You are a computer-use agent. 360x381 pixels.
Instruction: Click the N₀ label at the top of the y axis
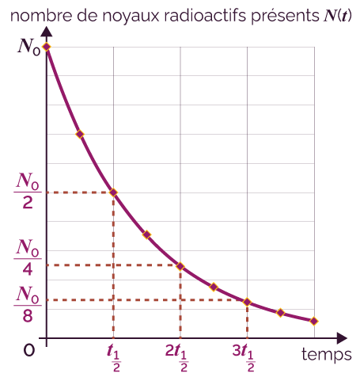coord(29,47)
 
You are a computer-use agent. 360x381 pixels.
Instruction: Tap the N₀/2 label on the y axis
coord(28,191)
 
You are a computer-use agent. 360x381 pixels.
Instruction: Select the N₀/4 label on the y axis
coord(28,257)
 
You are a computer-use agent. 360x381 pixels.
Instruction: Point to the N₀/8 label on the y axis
coord(28,304)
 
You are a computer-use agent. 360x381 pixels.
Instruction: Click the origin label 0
coord(29,351)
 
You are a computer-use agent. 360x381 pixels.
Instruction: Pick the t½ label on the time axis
coord(114,358)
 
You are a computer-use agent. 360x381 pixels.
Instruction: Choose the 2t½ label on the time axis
coord(176,358)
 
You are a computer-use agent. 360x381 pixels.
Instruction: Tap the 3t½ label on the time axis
coord(244,358)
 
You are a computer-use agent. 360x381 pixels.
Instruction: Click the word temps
coord(327,354)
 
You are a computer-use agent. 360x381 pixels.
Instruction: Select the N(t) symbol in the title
coord(338,16)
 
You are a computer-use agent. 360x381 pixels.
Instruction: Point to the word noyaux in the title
coord(131,17)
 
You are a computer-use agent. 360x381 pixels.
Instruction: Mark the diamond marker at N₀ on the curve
coord(47,47)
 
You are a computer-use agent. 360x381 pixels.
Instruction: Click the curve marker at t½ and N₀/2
coord(113,192)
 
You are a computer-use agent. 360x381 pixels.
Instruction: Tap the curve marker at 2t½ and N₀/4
coord(180,266)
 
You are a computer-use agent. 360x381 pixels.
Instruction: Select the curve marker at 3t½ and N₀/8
coord(247,302)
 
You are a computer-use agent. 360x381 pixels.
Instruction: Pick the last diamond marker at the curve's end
coord(314,321)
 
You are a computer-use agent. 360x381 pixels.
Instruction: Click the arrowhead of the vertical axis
coord(47,31)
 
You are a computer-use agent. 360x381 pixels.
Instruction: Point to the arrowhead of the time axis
coord(342,338)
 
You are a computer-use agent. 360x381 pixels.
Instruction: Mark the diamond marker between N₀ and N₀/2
coord(80,134)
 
